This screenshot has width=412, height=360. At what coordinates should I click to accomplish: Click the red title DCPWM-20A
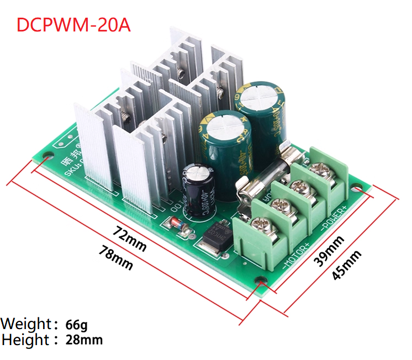click(73, 25)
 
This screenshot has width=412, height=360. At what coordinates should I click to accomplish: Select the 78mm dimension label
click(115, 258)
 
